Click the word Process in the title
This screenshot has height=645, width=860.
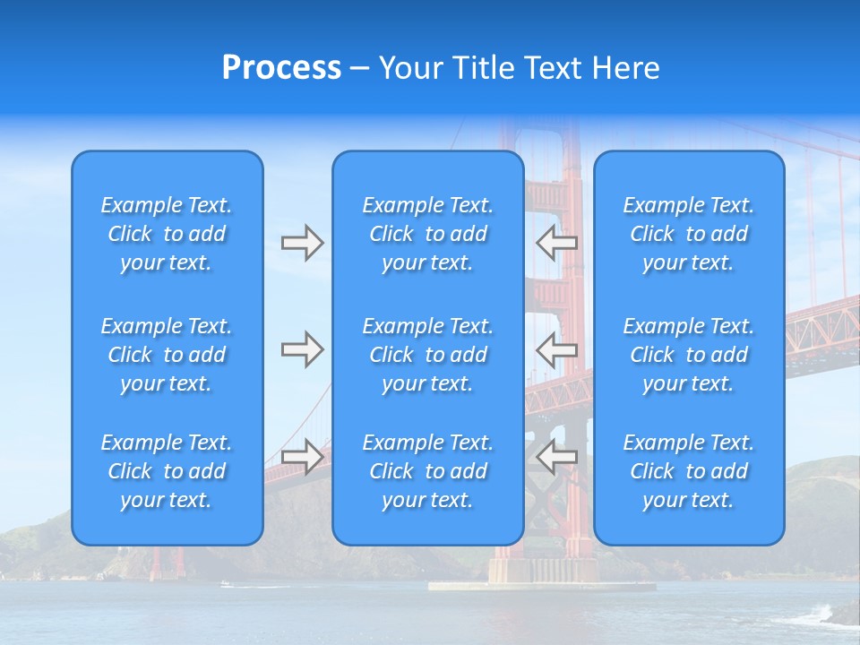pos(281,68)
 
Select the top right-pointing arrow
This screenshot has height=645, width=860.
pos(302,243)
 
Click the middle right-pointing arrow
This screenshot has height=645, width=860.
pos(302,349)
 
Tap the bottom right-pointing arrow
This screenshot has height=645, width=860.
pos(302,456)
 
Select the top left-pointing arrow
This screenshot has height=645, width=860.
pos(556,243)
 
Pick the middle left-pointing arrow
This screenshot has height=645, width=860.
pos(556,349)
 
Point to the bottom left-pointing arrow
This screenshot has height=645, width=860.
pos(556,456)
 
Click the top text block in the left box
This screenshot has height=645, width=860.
pos(167,234)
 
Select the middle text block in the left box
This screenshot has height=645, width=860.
pos(167,355)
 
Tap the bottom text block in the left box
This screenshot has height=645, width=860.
pos(167,471)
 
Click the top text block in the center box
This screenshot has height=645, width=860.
pos(427,234)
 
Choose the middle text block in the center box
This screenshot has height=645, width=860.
pos(427,355)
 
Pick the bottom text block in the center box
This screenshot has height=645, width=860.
pos(427,471)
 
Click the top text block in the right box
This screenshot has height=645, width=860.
pos(688,234)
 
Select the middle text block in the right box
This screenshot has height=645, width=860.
pos(688,355)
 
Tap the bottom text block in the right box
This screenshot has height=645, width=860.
pos(688,471)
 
